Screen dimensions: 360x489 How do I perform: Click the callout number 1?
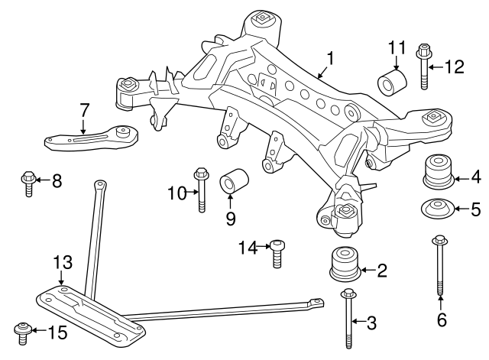click(x=330, y=58)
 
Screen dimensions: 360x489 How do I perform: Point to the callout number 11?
click(x=395, y=47)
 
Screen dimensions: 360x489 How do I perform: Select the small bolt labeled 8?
click(x=28, y=183)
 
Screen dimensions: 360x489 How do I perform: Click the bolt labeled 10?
click(x=202, y=189)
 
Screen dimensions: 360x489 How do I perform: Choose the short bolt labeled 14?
click(x=278, y=255)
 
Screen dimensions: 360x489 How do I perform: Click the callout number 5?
click(x=475, y=209)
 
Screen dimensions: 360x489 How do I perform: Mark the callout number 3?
click(x=371, y=323)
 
